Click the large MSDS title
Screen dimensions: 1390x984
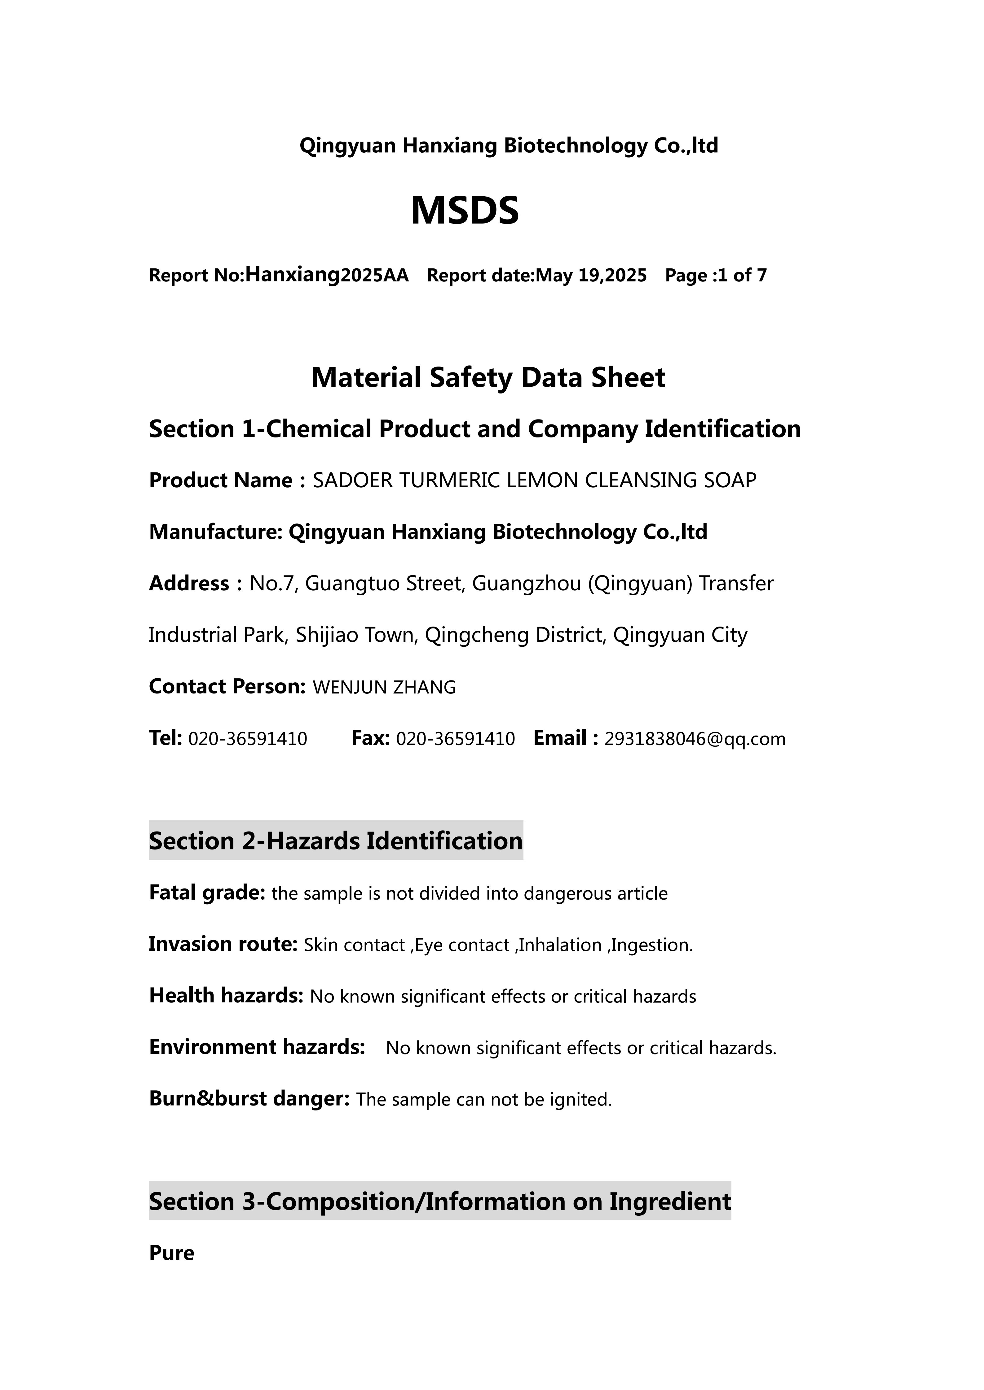465,211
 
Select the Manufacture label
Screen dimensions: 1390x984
215,532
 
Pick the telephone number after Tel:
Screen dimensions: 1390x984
248,739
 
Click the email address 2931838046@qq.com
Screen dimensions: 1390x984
695,739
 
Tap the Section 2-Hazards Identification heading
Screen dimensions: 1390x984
336,841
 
